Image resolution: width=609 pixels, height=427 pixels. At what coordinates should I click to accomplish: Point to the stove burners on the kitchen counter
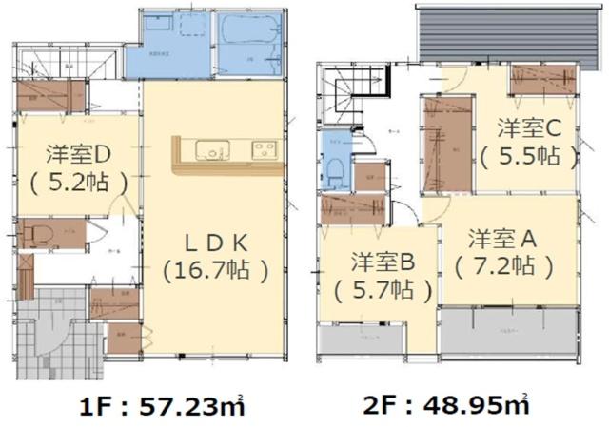[263, 150]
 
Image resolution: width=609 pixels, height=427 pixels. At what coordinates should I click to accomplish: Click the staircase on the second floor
[344, 95]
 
